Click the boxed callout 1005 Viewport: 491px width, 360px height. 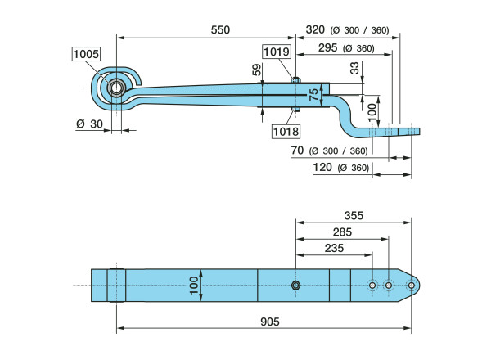[x=86, y=54]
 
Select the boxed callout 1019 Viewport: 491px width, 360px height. [x=275, y=52]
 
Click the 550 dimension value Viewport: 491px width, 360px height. [x=220, y=29]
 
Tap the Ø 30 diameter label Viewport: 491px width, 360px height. [x=89, y=124]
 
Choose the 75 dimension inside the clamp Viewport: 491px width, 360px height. [x=313, y=96]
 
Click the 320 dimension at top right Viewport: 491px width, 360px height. [x=316, y=29]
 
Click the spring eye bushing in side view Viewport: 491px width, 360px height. [x=116, y=88]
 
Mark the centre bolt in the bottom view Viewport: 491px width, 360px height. [x=295, y=286]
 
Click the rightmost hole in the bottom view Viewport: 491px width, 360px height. [x=411, y=286]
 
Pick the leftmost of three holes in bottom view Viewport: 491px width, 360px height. [x=372, y=286]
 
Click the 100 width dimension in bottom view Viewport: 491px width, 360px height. [x=194, y=286]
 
